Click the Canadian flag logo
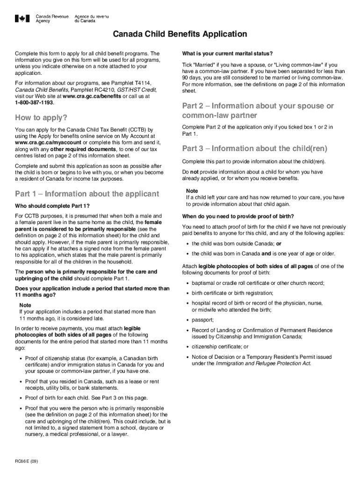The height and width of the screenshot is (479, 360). [22, 19]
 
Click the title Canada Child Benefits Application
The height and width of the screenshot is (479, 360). [179, 34]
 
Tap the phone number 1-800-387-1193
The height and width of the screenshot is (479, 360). [34, 102]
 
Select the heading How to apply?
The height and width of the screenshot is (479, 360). [41, 117]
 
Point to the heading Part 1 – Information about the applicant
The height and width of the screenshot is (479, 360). [87, 194]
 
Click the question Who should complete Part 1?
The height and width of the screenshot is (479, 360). [52, 206]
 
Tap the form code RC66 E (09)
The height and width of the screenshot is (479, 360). [26, 461]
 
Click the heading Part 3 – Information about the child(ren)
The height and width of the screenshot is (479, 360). [254, 149]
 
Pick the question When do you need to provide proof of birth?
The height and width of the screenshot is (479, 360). [238, 216]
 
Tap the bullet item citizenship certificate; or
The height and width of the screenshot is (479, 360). [220, 347]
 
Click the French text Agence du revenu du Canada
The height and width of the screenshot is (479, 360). [91, 19]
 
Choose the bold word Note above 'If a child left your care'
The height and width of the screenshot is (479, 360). [192, 191]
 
